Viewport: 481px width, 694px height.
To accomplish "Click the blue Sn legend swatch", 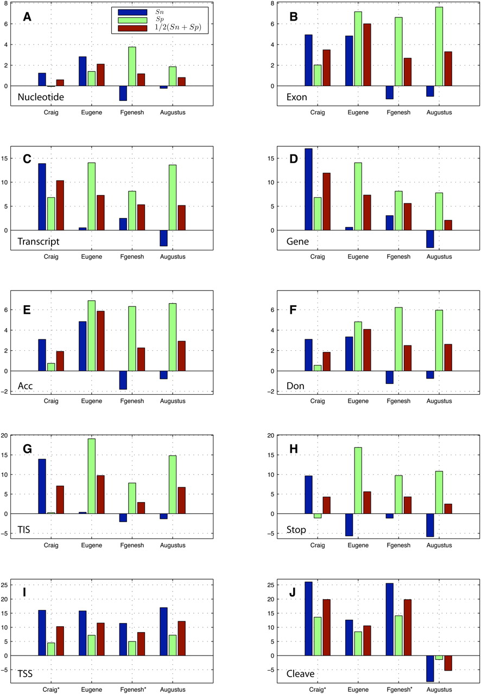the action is coord(132,12).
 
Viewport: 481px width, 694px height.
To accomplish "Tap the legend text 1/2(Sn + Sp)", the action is coord(178,27).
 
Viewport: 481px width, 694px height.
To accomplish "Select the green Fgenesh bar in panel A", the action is coord(132,66).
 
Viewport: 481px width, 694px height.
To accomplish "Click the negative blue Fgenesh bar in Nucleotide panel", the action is coord(123,93).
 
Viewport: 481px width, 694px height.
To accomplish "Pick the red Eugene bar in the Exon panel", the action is coord(367,55).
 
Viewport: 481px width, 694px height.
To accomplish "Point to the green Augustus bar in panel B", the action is coord(439,47).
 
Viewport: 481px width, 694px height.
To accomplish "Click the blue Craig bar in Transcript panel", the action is coord(42,197).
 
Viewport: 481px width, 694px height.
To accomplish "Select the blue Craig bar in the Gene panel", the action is coord(308,189).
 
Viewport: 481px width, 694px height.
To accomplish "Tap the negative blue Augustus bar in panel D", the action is coord(430,239).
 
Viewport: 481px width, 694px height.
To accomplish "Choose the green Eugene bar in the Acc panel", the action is coord(92,336).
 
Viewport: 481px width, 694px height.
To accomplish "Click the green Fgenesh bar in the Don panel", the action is coord(398,339).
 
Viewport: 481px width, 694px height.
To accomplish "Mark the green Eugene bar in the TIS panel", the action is coord(92,476).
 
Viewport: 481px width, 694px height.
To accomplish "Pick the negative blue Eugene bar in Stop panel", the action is coord(349,525).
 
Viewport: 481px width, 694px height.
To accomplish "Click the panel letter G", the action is coord(27,448).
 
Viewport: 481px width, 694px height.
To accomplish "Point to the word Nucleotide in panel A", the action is coord(41,97).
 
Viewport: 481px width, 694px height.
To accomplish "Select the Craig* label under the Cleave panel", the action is coord(317,689).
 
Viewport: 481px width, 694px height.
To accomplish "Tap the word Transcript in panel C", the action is coord(39,241).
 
